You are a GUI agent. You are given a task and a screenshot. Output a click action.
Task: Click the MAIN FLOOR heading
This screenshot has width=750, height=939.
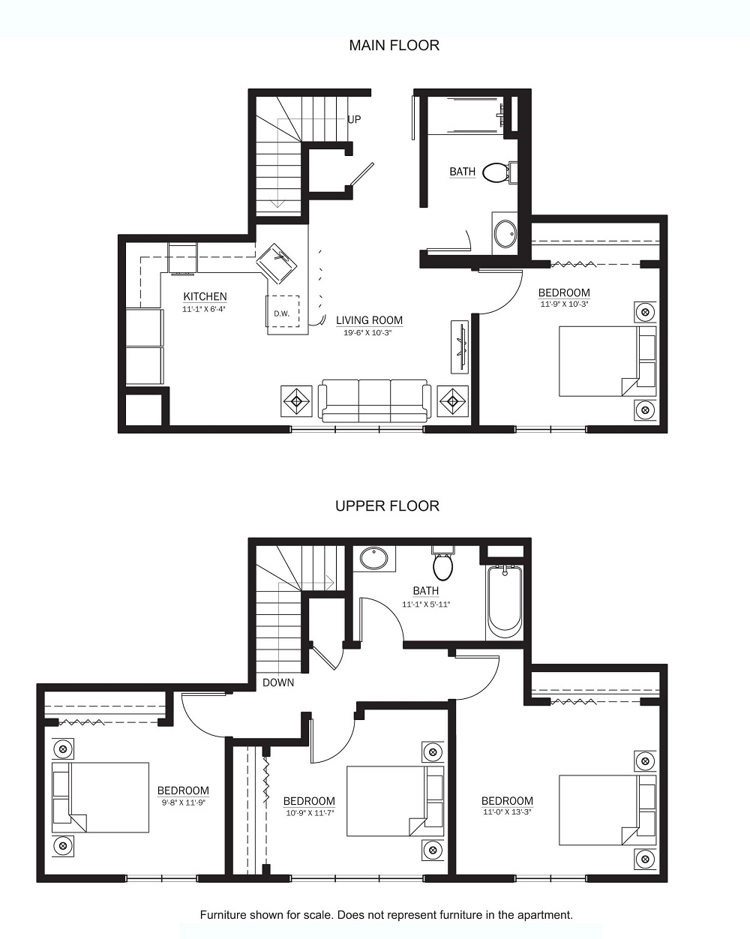394,46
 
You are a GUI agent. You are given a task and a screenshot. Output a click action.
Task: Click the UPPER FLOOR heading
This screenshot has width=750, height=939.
388,506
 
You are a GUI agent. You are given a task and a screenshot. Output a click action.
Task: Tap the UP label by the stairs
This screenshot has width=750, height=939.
354,119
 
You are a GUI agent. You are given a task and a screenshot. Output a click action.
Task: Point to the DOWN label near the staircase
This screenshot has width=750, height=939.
278,682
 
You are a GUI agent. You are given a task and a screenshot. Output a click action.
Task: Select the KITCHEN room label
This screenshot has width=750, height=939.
205,297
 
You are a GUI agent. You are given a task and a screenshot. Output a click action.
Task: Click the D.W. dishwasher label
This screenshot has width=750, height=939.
282,313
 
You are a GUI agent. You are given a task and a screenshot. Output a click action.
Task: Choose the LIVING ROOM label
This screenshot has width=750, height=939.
369,320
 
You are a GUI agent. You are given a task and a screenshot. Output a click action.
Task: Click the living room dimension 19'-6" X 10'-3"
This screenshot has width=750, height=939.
367,333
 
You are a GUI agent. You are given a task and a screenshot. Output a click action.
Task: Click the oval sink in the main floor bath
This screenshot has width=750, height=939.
505,234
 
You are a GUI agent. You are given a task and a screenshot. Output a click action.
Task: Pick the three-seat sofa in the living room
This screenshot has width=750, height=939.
374,401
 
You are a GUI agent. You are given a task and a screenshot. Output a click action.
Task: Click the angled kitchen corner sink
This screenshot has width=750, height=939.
276,264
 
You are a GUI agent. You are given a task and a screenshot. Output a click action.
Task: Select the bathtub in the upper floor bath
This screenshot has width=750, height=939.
505,602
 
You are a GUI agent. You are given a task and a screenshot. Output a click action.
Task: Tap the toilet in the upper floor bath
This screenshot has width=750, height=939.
442,563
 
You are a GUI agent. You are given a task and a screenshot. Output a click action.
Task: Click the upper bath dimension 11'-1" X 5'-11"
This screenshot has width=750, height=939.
426,604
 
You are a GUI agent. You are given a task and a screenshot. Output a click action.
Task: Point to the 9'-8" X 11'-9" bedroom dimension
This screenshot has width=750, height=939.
183,801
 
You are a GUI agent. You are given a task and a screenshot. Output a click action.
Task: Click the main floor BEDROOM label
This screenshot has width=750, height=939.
564,292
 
